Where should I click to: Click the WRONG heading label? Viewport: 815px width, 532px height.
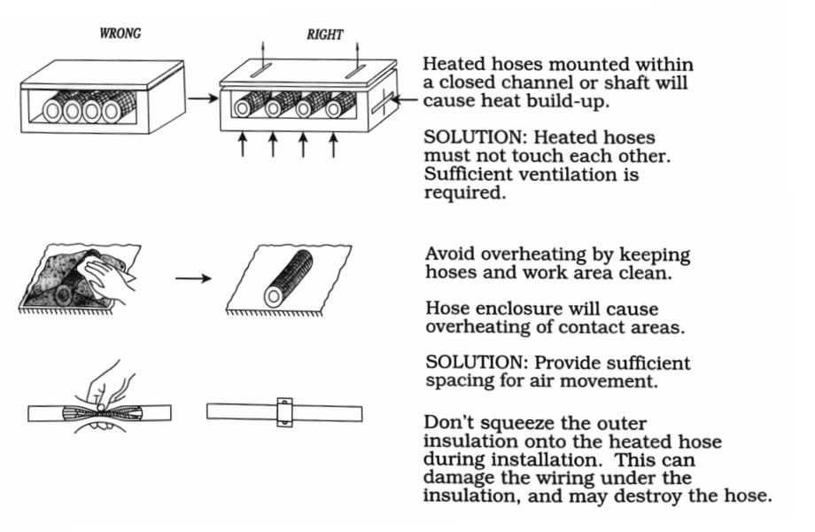122,35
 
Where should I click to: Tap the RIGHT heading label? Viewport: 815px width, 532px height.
324,35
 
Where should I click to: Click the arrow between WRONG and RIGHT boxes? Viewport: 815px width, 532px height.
203,98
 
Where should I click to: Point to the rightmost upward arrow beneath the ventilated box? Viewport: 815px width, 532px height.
333,145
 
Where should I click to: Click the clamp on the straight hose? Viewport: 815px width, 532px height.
284,413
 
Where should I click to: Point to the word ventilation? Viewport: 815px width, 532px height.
576,176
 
